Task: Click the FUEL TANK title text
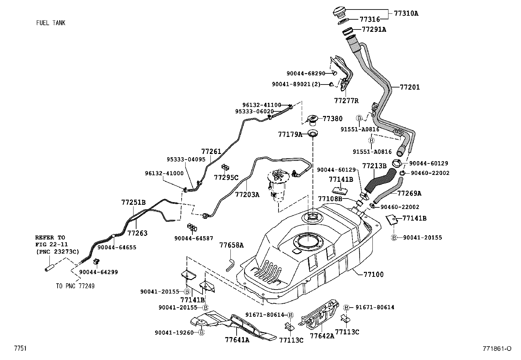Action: click(x=50, y=23)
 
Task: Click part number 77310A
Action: click(x=406, y=13)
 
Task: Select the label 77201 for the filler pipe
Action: click(x=410, y=87)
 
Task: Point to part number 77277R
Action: click(x=346, y=101)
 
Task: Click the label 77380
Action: click(x=332, y=119)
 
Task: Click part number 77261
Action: click(x=211, y=151)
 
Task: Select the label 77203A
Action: click(x=247, y=195)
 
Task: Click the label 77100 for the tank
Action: click(x=373, y=274)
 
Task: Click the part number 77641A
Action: click(x=237, y=340)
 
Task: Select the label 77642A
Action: click(x=322, y=336)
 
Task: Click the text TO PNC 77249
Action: click(x=75, y=286)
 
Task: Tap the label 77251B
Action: click(x=133, y=202)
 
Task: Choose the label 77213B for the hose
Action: click(x=374, y=166)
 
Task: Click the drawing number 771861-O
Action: click(x=497, y=349)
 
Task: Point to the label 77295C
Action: click(x=226, y=178)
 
